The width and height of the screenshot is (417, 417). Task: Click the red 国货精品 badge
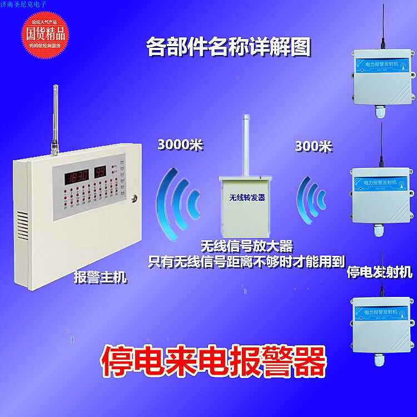coord(47,32)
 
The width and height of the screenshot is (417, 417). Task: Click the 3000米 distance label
coord(181,146)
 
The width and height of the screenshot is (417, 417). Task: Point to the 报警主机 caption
coord(100,276)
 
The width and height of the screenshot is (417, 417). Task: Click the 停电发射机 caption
coord(379,272)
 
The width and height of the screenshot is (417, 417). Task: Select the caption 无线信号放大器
coord(247,245)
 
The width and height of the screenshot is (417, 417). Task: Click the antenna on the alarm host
coord(56,120)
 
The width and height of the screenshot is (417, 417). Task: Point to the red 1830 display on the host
coord(78,177)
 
